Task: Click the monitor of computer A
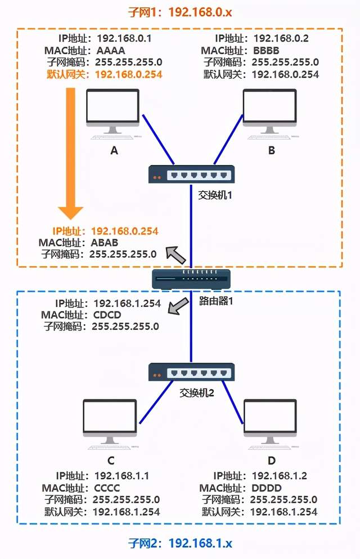112,108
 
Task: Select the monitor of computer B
269,108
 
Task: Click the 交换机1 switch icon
191,175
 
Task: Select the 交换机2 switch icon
191,372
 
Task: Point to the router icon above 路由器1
191,278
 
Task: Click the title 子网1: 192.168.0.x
180,11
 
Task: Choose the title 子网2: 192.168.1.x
180,544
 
